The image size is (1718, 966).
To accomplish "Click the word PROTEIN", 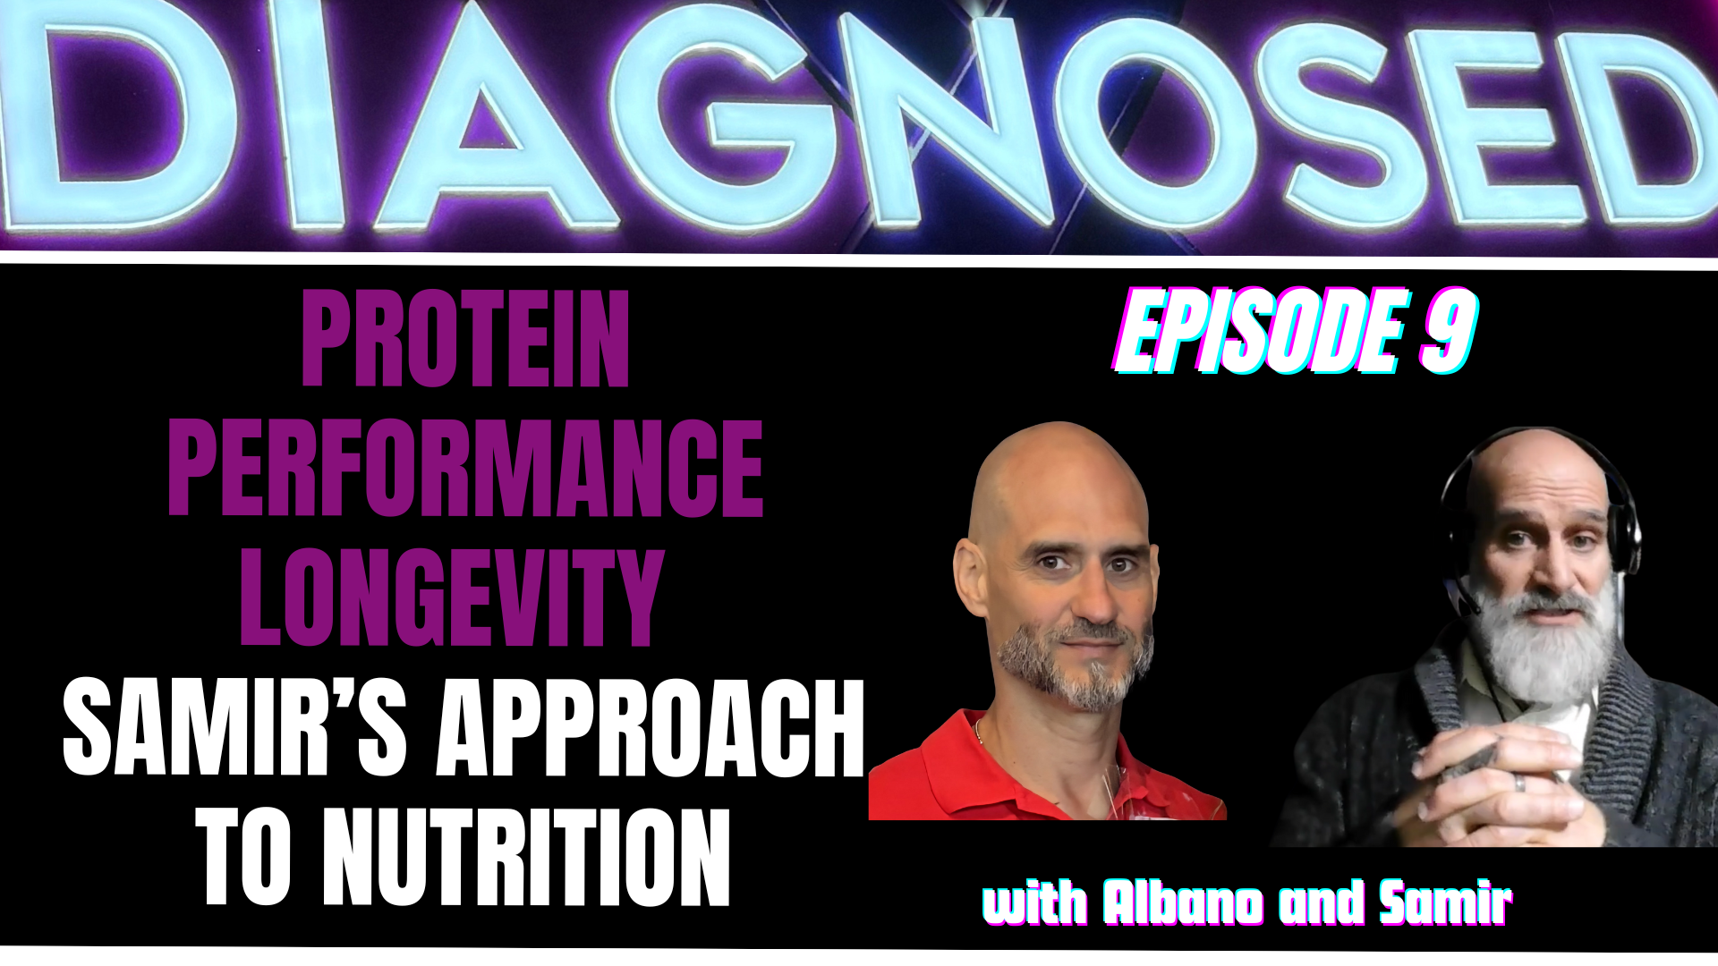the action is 465,340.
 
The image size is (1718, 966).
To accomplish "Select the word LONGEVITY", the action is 452,597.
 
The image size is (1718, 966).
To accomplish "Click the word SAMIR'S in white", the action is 234,726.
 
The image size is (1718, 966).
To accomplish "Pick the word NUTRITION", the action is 526,856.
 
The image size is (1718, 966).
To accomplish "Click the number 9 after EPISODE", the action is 1449,330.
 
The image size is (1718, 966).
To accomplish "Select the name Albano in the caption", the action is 1183,902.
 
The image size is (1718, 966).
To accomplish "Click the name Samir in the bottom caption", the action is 1445,902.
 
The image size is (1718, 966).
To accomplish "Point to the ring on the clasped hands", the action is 1519,782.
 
